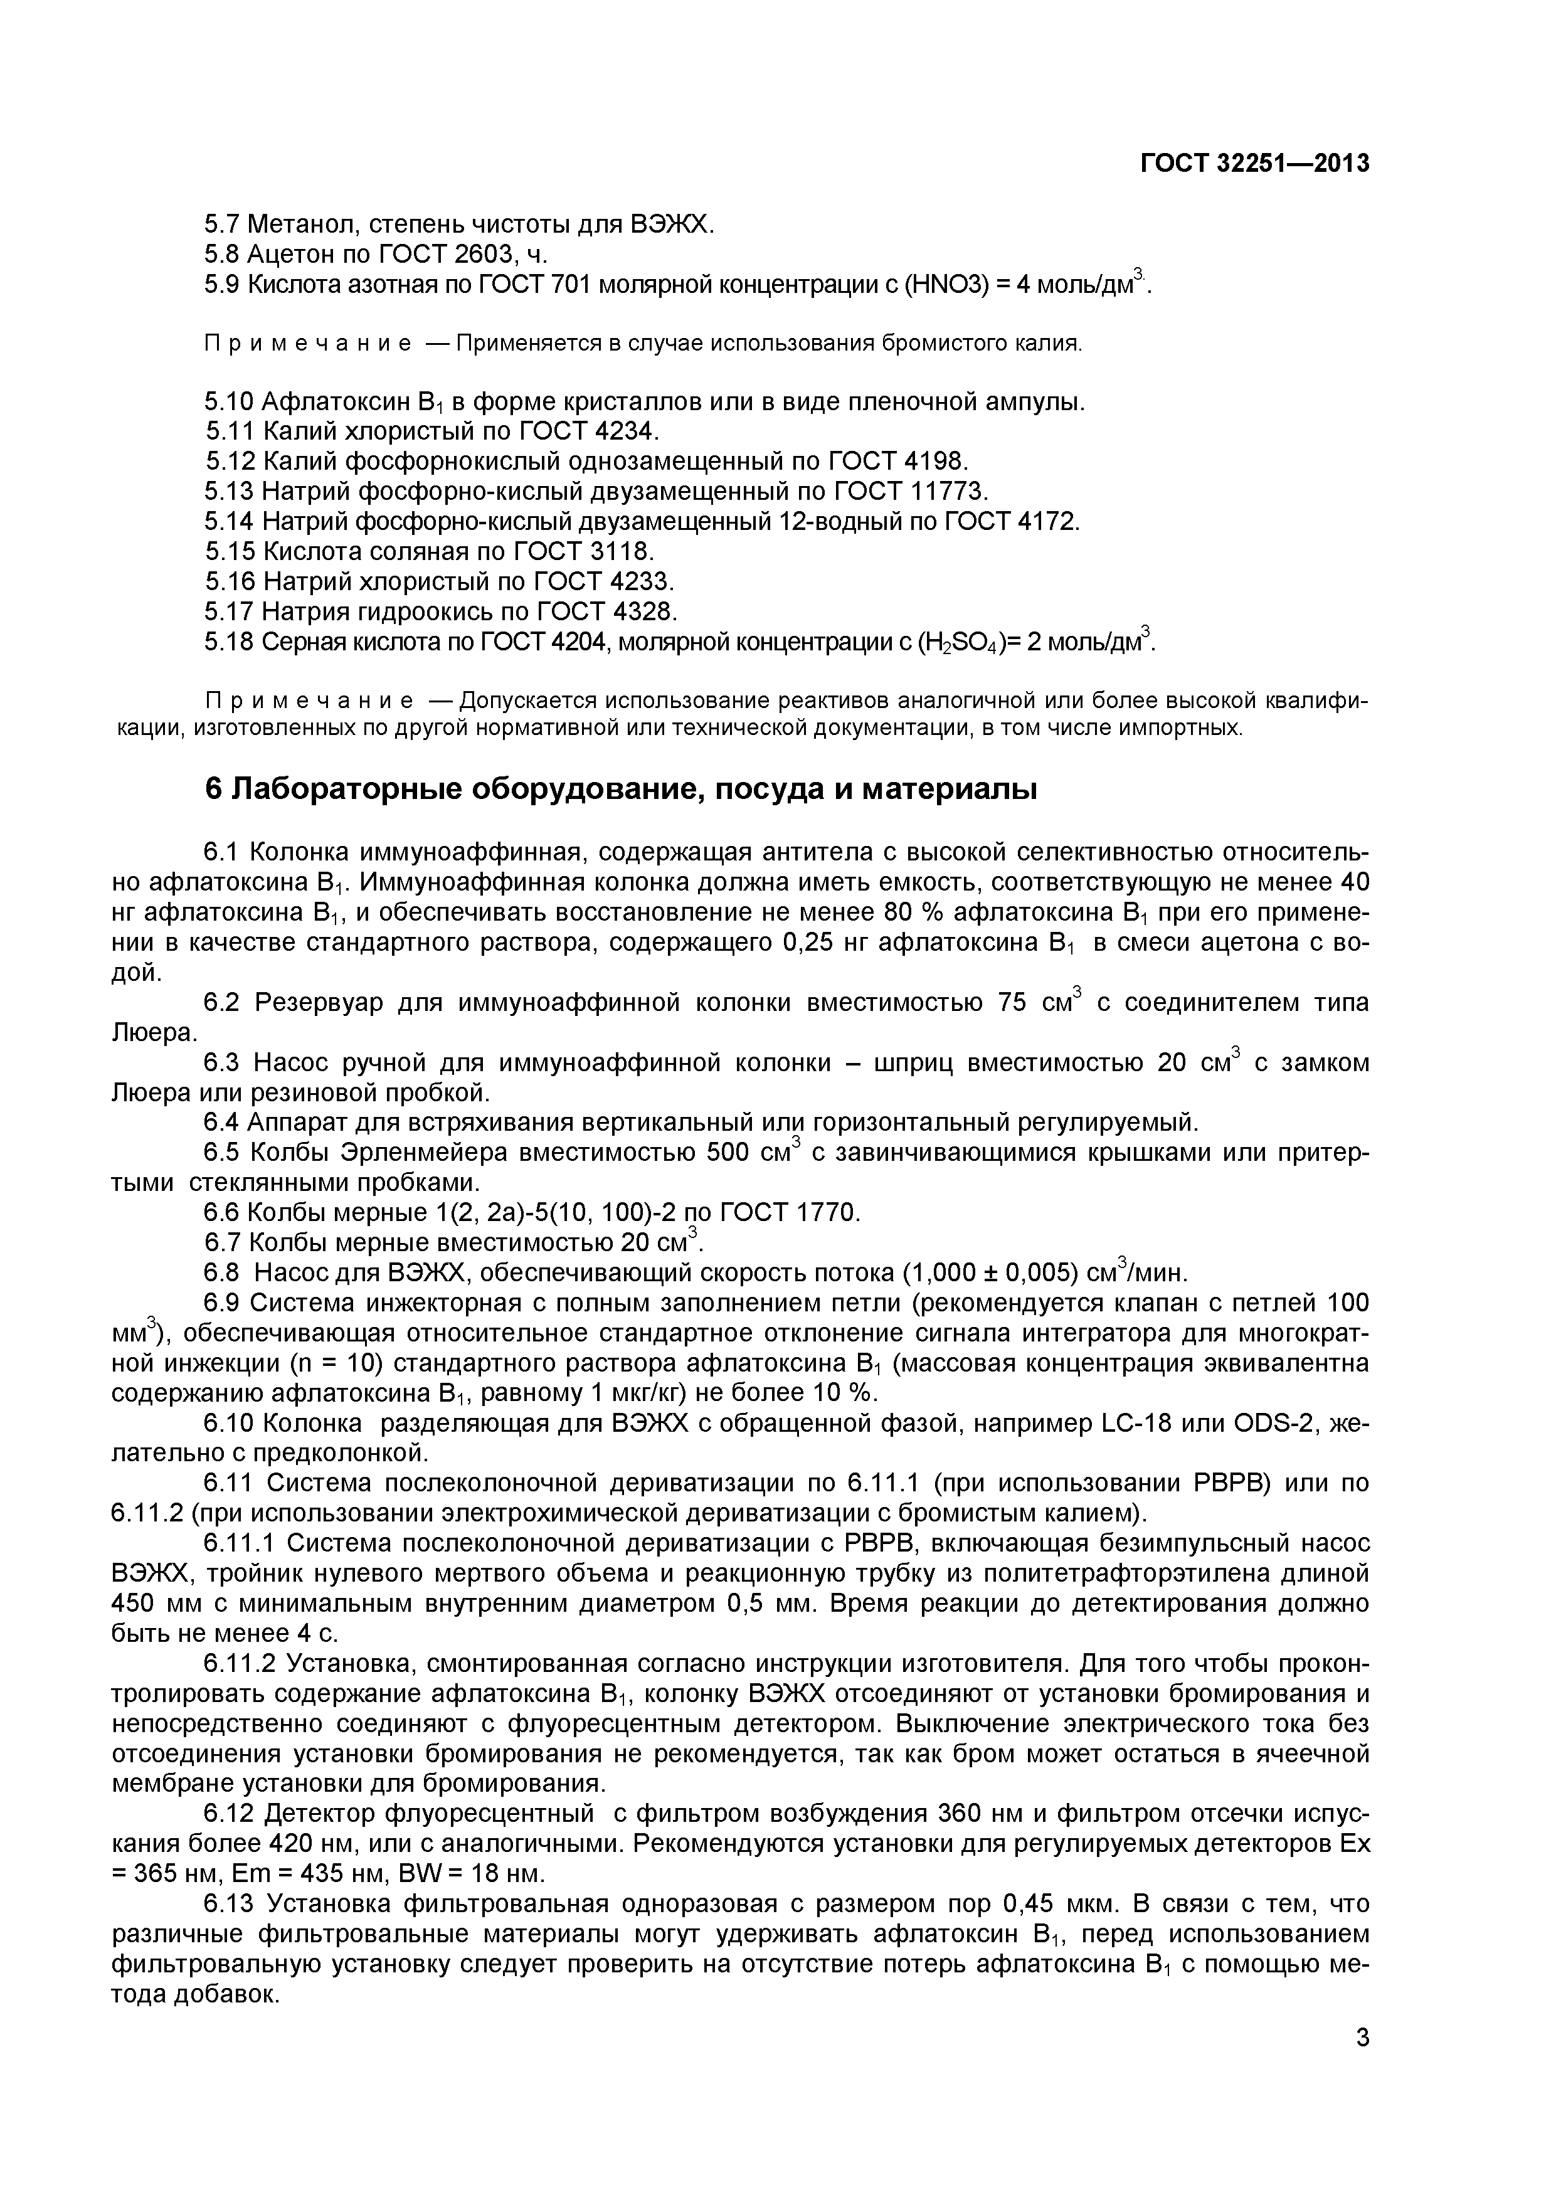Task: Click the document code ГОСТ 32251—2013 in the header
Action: click(x=1254, y=164)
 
